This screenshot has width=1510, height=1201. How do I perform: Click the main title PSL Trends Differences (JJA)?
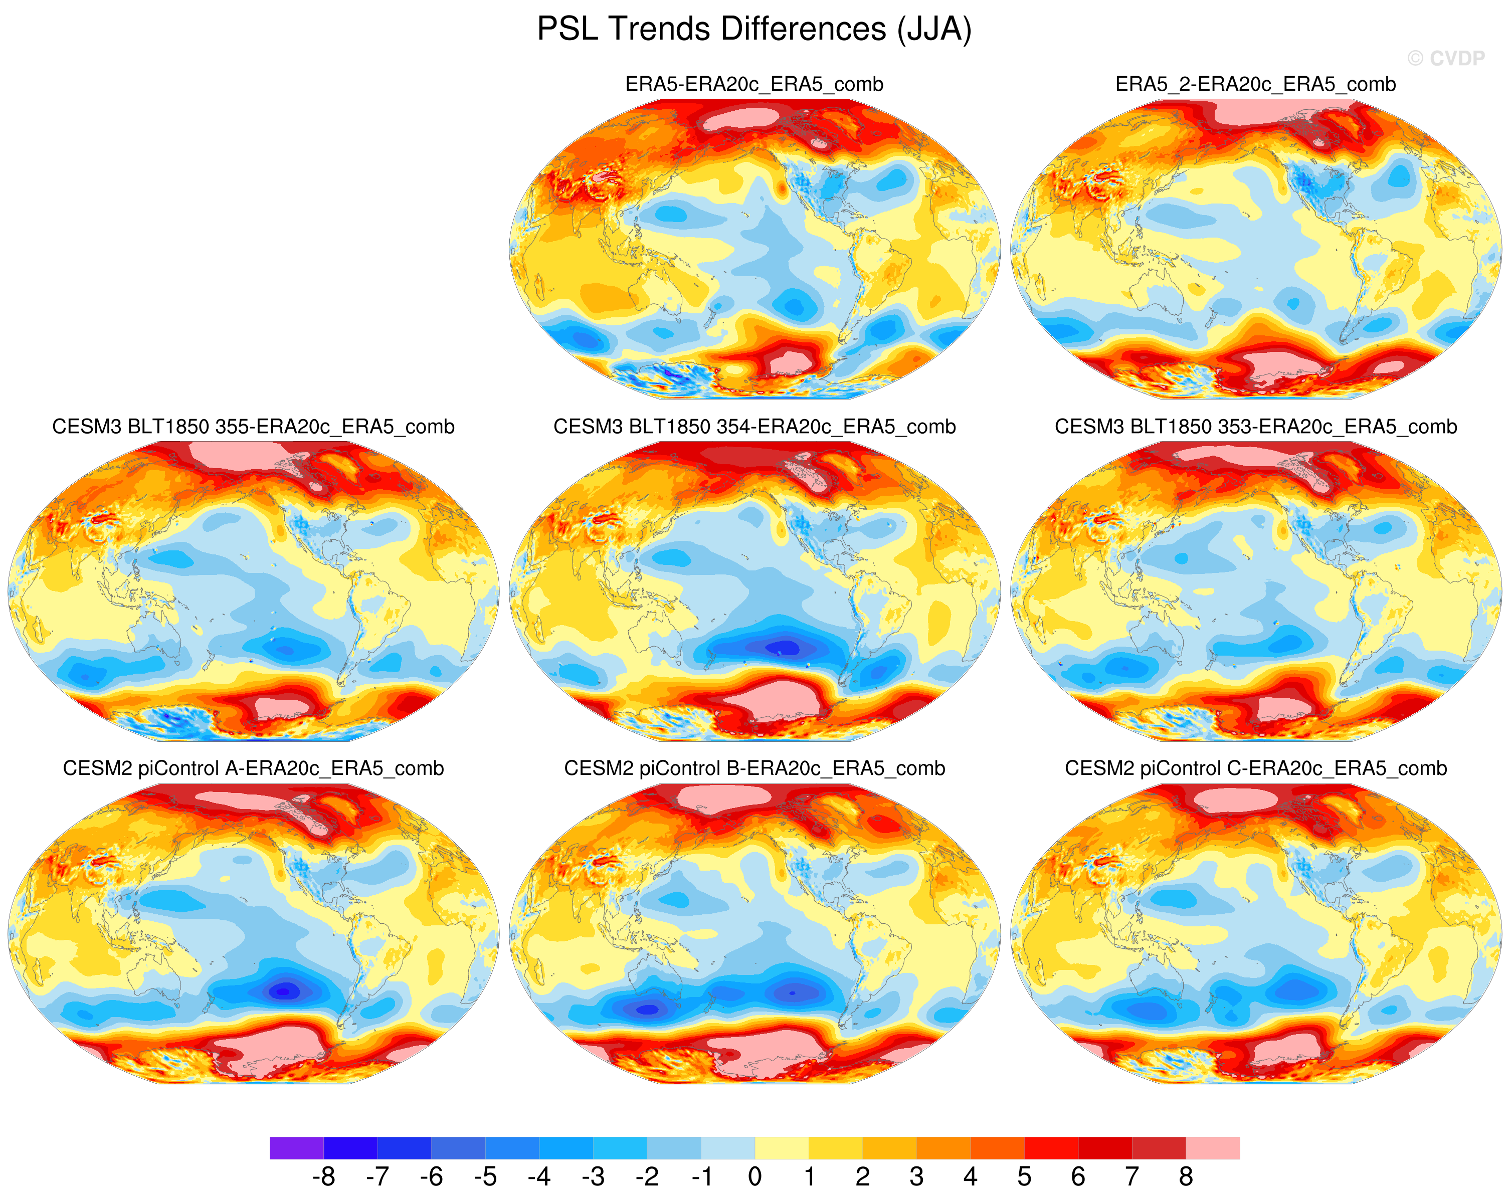(754, 30)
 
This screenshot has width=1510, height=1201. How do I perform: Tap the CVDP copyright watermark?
(1445, 58)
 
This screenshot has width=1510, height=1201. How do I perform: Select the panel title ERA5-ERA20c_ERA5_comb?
(754, 84)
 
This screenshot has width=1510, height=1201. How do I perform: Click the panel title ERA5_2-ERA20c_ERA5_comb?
(1256, 84)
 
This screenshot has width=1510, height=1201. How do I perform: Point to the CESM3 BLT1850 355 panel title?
(254, 427)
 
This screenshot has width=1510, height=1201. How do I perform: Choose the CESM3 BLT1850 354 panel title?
(754, 427)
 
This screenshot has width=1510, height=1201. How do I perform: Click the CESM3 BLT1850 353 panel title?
(1256, 427)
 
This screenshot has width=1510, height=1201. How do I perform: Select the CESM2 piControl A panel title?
(254, 768)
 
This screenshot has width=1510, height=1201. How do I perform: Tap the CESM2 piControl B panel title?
(754, 768)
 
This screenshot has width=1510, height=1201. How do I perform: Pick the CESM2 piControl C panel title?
(1256, 768)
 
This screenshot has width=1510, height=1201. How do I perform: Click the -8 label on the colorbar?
(323, 1177)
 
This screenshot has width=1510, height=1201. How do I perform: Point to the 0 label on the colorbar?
(754, 1177)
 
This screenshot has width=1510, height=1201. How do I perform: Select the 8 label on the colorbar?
(1186, 1177)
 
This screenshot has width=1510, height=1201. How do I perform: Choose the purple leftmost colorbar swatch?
(296, 1148)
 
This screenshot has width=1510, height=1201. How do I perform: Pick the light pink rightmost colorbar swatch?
(1212, 1148)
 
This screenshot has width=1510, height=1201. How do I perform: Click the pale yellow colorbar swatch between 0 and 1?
(782, 1148)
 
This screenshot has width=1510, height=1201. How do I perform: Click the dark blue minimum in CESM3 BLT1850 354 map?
(785, 648)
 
